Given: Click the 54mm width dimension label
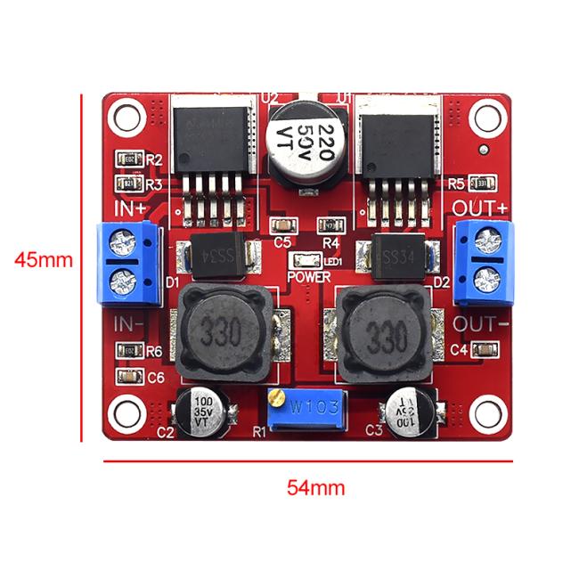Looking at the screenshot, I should click(314, 487).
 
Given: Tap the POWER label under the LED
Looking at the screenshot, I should click(309, 276).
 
